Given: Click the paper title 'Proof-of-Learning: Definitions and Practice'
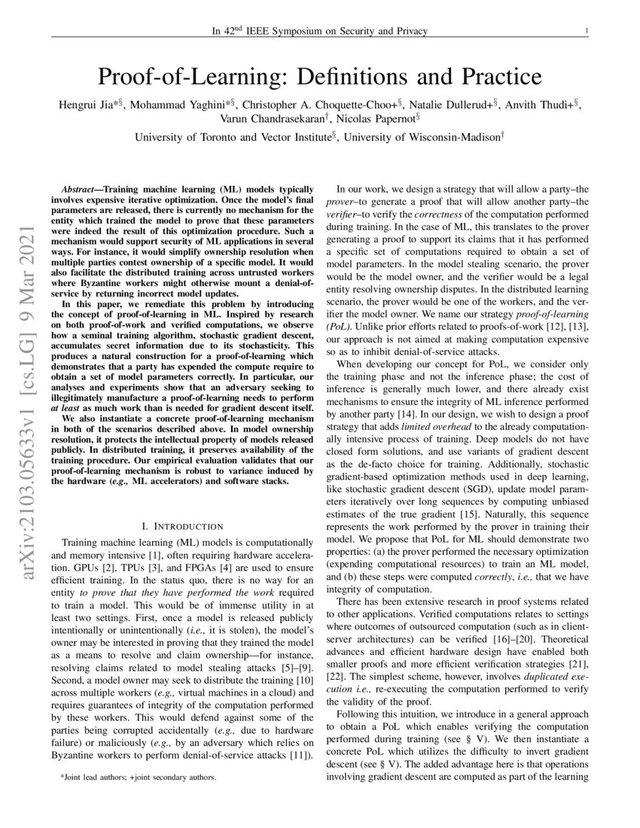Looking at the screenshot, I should (x=320, y=77).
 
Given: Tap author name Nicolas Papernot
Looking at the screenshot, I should (x=378, y=118).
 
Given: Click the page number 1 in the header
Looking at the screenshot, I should (x=586, y=31).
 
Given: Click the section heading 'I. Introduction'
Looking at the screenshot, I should (x=181, y=525).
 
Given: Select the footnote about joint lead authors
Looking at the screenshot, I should (x=139, y=777).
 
